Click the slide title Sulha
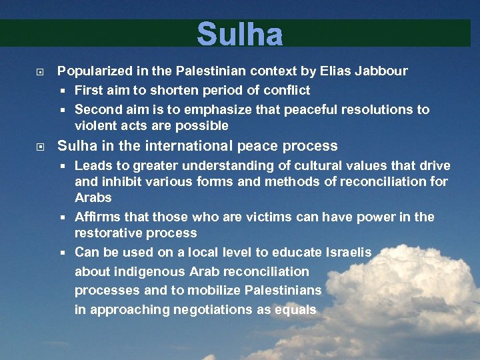tap(240, 35)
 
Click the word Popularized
tap(93, 71)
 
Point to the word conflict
tap(287, 90)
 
